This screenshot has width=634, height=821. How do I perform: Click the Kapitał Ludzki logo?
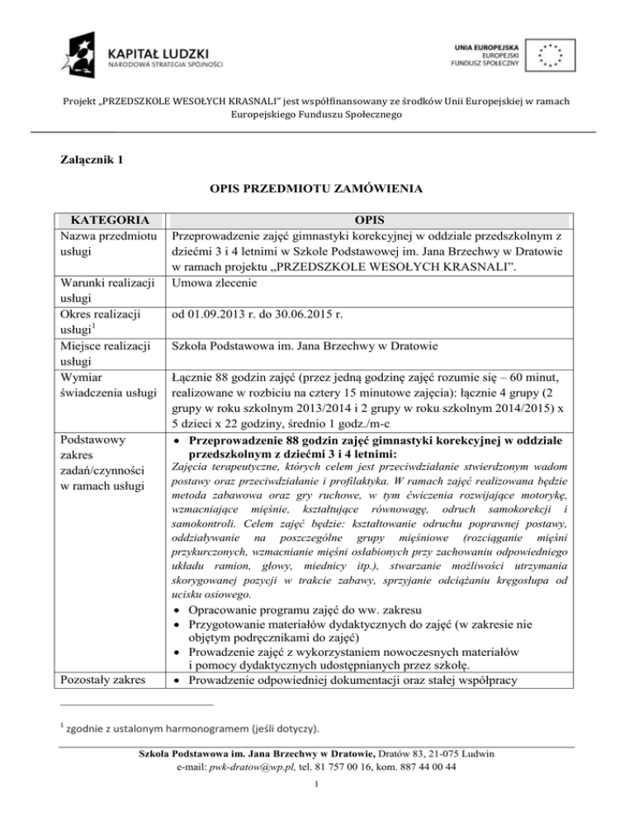[124, 51]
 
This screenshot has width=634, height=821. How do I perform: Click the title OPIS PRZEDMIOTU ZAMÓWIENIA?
[317, 189]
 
